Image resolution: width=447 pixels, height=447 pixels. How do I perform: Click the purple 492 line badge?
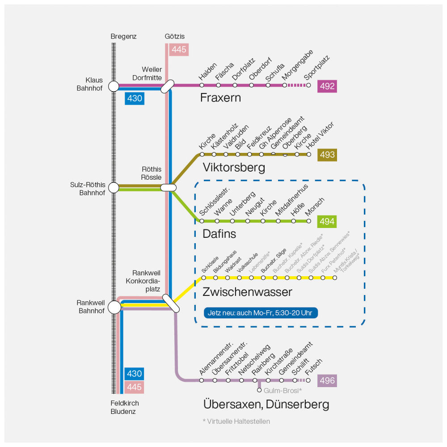[327, 86]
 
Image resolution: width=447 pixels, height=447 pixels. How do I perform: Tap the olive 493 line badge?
[327, 155]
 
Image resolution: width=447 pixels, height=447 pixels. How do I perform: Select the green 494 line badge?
[327, 221]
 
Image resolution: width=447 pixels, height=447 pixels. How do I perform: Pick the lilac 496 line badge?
[327, 381]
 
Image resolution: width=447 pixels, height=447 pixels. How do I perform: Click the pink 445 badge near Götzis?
[179, 50]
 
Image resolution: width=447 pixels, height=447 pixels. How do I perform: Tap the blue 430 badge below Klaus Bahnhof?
[134, 98]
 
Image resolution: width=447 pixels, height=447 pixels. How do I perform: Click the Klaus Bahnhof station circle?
[114, 86]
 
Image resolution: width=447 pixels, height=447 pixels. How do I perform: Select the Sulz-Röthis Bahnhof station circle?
[114, 187]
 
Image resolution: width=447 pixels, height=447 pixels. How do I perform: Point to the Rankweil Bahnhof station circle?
[114, 307]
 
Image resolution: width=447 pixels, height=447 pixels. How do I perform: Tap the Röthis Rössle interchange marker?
[168, 187]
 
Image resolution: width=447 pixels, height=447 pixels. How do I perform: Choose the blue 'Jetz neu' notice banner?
[261, 312]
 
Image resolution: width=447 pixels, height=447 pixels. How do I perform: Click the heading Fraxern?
[220, 98]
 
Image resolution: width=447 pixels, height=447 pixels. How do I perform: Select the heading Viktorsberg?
[234, 168]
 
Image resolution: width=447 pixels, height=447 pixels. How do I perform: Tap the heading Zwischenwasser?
[247, 292]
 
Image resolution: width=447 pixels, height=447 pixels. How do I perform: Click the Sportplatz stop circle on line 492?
[308, 85]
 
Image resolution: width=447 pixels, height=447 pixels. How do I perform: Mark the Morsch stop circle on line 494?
[308, 221]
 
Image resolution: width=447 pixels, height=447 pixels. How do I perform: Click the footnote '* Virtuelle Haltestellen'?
[236, 421]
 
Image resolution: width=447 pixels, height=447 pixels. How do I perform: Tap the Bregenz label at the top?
[123, 36]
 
